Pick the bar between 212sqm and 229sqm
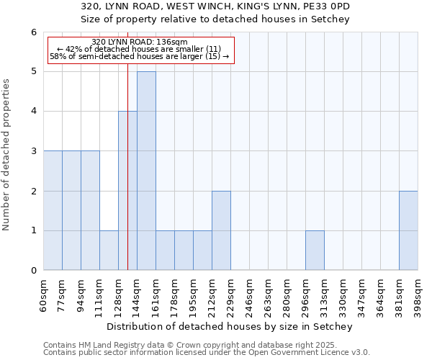(221, 230)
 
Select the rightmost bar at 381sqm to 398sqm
(408, 230)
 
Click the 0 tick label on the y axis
(33, 271)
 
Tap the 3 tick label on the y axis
(33, 151)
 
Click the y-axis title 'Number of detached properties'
(6, 155)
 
